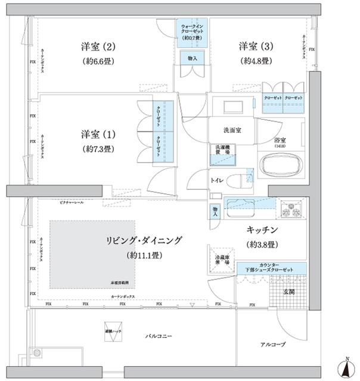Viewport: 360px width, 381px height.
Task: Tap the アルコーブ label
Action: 272,345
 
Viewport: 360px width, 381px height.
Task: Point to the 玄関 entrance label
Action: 289,292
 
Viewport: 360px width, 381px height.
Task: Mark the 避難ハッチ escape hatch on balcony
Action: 111,334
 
